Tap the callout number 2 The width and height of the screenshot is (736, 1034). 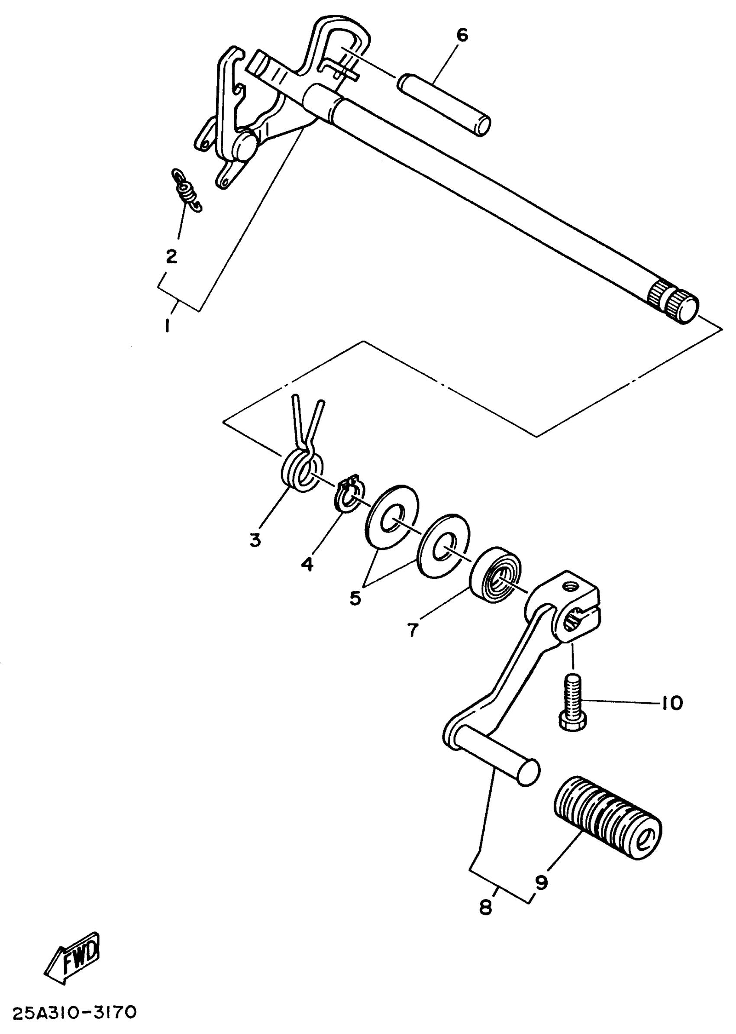click(x=171, y=257)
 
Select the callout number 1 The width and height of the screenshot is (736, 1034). click(x=168, y=326)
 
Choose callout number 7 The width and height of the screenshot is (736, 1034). click(x=412, y=630)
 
